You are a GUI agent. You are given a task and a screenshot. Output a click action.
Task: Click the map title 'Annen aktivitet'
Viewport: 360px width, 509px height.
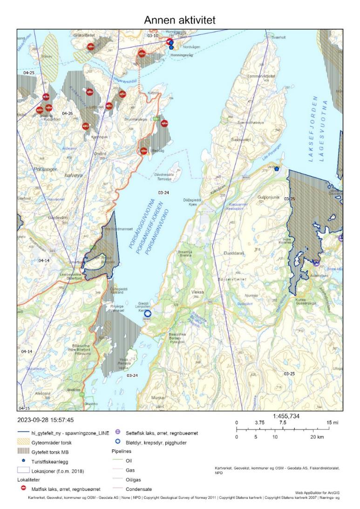[x=180, y=20]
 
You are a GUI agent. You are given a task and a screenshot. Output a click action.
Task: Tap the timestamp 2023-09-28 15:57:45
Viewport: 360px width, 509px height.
[x=46, y=420]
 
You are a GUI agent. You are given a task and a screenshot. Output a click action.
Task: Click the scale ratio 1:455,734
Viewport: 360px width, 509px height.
[x=288, y=417]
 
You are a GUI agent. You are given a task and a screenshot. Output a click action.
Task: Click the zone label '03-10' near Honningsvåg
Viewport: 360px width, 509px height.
[x=153, y=35]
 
